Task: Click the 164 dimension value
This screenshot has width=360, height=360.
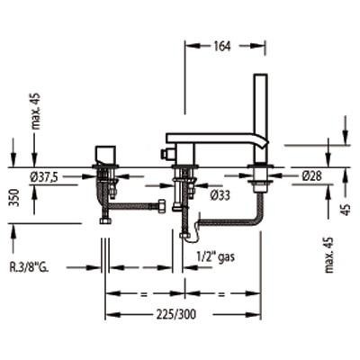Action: coord(222,46)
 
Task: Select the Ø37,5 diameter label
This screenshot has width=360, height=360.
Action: coord(43,177)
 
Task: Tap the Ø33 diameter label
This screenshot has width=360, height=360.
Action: coord(220,195)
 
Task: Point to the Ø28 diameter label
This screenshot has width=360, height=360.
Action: coord(311,176)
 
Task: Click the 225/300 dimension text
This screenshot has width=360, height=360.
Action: coord(176,314)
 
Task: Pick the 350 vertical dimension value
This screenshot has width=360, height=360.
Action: coord(15,198)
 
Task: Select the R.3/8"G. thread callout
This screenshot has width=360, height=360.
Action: coord(29,267)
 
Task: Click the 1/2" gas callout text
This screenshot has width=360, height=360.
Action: coord(215,256)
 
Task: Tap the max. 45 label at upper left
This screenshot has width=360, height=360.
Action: coord(36,111)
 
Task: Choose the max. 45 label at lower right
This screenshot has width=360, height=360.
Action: coord(329,255)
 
